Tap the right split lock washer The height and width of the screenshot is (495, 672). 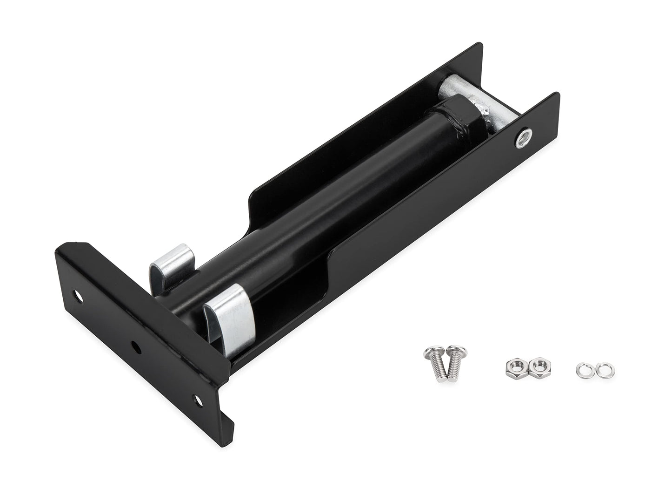tap(600, 371)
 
